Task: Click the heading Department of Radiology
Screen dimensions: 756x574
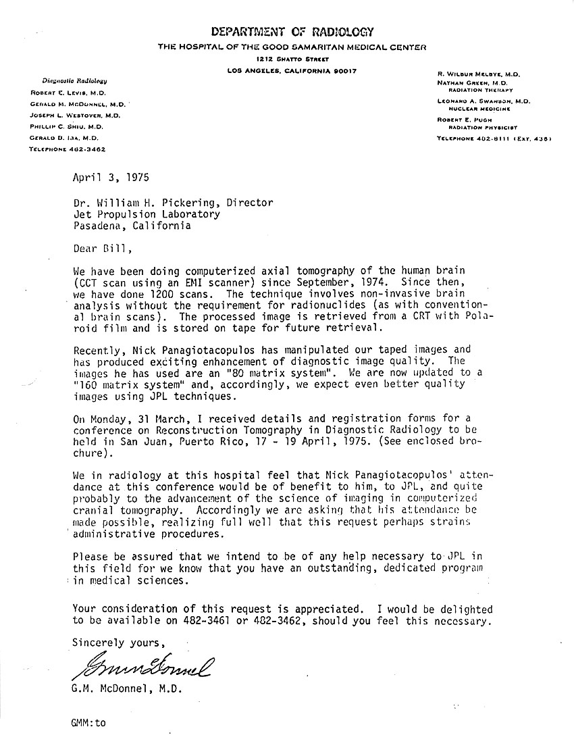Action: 291,32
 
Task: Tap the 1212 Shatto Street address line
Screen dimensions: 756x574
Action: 291,59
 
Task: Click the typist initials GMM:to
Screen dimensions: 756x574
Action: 88,722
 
